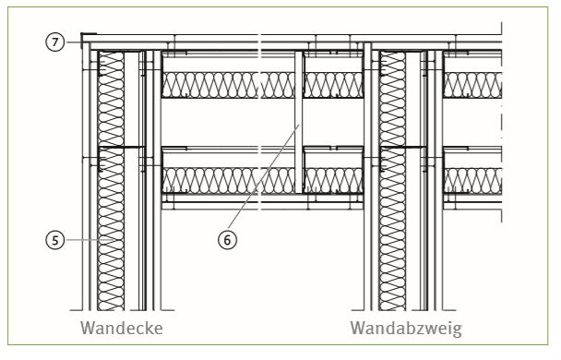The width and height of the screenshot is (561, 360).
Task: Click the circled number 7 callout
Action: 54,42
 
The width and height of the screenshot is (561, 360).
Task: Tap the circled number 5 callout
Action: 54,239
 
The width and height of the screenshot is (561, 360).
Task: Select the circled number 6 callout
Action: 227,239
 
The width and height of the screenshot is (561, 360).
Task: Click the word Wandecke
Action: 122,328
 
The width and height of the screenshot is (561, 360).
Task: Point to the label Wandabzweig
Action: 406,329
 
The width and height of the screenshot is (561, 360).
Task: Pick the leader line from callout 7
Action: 74,42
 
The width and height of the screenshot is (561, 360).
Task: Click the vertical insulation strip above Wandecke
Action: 111,181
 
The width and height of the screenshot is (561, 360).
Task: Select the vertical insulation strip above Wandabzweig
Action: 392,181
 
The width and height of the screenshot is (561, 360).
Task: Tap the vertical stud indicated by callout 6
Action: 299,122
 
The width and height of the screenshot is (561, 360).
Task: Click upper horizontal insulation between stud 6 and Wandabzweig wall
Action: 333,85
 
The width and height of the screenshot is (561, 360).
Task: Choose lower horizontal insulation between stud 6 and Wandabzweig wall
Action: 333,180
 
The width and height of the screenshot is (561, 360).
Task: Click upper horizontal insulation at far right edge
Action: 472,85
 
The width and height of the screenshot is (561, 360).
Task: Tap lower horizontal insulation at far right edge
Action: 472,180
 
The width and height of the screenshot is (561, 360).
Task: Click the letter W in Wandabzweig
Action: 359,328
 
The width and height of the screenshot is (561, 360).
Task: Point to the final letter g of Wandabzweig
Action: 457,331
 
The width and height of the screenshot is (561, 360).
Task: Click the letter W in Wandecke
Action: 90,328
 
